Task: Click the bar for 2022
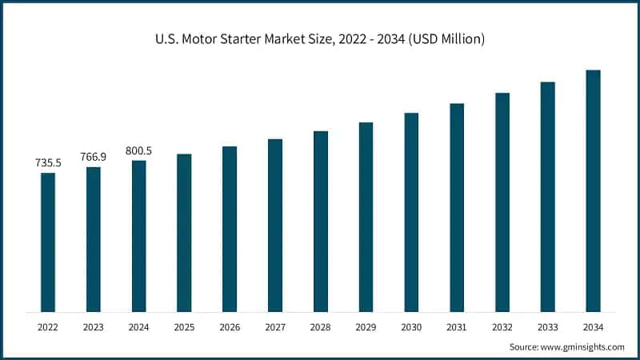(48, 242)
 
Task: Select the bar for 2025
(184, 232)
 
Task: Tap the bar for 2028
(321, 221)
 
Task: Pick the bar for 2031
(457, 207)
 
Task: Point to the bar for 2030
(411, 212)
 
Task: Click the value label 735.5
(48, 163)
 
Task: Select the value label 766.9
(94, 157)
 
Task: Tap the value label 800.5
(139, 150)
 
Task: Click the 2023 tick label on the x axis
(94, 327)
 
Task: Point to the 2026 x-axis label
(230, 327)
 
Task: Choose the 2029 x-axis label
(366, 327)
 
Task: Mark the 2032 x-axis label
(502, 327)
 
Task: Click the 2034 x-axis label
(593, 327)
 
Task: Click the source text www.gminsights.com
(584, 347)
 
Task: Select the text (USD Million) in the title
(445, 38)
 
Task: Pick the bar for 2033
(547, 196)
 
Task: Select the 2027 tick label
(275, 327)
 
